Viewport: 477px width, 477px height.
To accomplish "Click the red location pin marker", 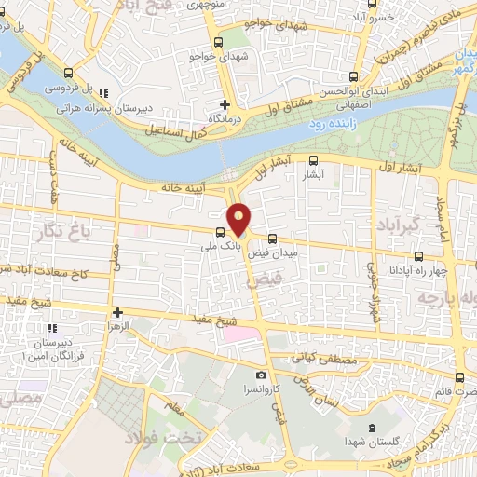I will coord(239,219).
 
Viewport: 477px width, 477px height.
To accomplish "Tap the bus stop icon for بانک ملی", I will coord(220,232).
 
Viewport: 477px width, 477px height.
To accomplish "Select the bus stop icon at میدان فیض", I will coord(271,238).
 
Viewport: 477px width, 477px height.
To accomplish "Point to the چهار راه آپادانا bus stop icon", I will coord(417,256).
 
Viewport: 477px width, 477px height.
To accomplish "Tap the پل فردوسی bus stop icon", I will coord(66,73).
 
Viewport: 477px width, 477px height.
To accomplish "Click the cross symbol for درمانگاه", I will coord(224,104).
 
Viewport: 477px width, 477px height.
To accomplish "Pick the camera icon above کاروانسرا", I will coord(262,374).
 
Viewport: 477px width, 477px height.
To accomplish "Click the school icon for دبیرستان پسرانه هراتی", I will coord(103,93).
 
